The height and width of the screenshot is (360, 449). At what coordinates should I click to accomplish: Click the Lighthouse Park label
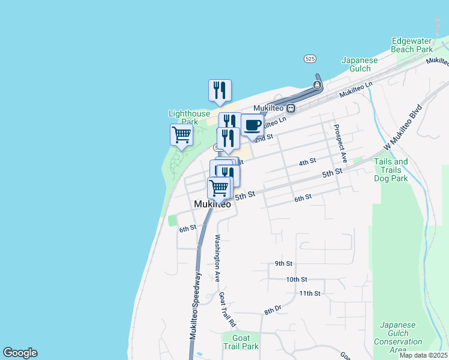tap(189, 118)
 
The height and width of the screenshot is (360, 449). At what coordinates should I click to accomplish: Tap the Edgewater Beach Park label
tap(412, 45)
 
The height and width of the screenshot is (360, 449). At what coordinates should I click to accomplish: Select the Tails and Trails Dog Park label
tap(391, 170)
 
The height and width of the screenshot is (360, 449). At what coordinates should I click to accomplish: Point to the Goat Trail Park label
tap(240, 342)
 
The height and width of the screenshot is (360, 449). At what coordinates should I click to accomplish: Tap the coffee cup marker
tap(252, 125)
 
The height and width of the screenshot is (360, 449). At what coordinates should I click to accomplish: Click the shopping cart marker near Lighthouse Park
tap(181, 135)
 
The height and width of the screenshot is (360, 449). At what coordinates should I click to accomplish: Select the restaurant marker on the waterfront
tap(220, 91)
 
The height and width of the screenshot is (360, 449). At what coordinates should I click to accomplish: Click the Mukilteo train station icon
tap(291, 109)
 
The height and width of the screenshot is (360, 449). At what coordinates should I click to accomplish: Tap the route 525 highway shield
tap(310, 59)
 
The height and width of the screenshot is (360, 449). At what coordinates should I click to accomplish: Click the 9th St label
tap(283, 263)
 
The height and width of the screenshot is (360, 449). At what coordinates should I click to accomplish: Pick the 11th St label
tap(310, 293)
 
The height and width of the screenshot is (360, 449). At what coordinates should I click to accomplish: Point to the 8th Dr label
tap(273, 310)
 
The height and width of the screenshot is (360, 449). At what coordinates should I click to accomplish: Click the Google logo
tap(20, 353)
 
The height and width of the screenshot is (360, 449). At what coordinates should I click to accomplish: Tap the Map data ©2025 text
tap(423, 355)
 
